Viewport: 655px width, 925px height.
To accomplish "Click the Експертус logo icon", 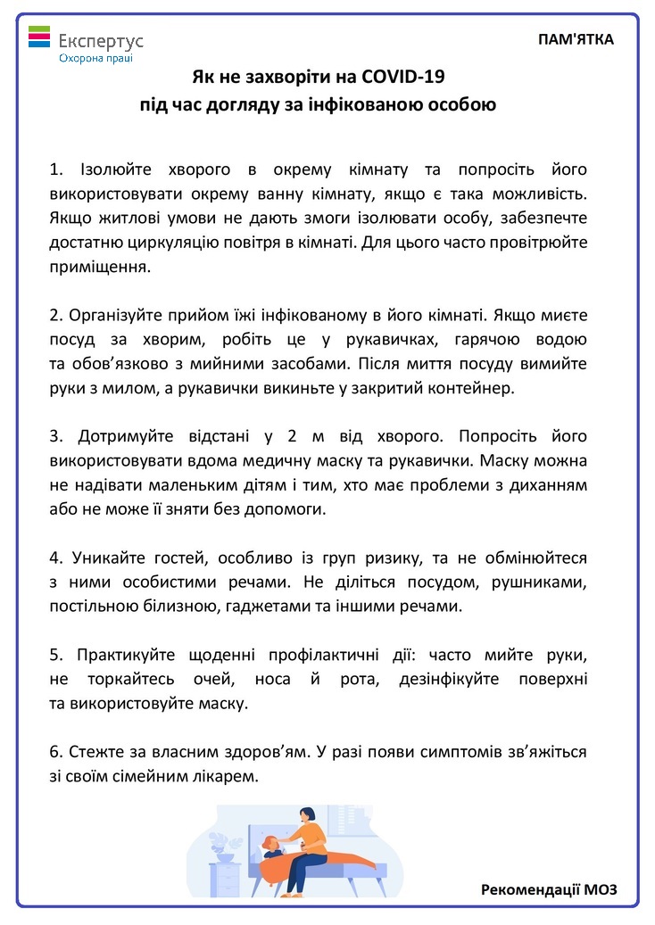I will (x=39, y=37).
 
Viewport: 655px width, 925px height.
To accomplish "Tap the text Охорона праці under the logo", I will (x=95, y=58).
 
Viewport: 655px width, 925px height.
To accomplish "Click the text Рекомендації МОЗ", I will (x=549, y=889).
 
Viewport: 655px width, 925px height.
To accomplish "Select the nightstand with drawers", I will (x=228, y=879).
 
